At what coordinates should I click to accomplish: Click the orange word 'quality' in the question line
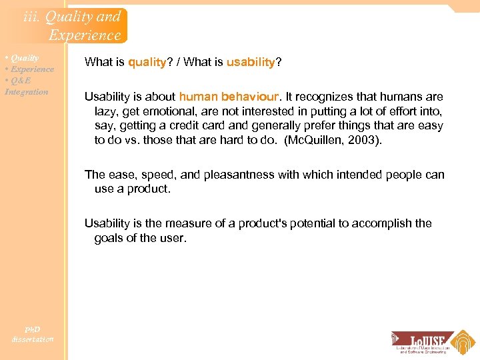[x=147, y=62]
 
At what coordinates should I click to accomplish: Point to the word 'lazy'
[x=105, y=111]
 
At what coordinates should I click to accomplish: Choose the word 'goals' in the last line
[x=109, y=238]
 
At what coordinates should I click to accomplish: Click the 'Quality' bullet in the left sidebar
[x=23, y=58]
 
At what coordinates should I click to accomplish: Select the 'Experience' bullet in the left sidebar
[x=31, y=69]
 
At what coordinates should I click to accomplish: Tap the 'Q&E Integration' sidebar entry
[x=27, y=86]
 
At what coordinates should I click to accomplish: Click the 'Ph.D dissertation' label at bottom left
[x=32, y=334]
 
